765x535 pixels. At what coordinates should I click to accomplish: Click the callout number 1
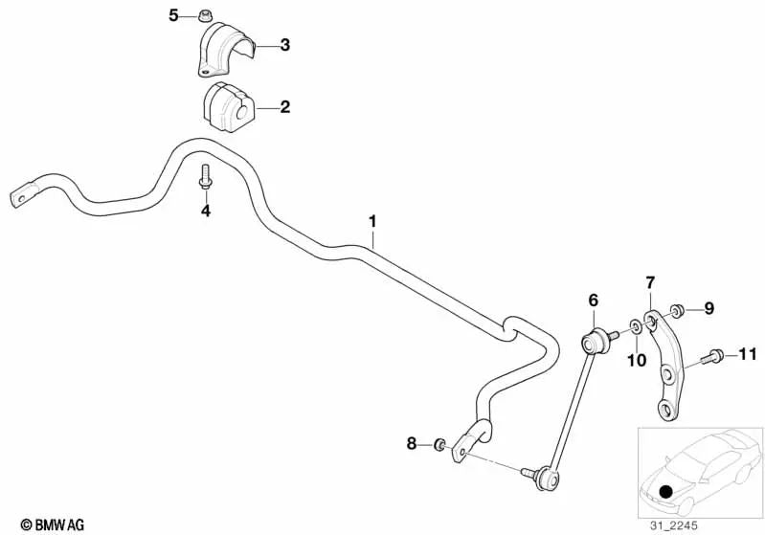372,222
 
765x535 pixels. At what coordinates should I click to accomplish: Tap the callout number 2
285,107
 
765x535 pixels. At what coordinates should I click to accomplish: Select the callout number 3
285,45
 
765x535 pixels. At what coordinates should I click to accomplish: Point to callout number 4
206,212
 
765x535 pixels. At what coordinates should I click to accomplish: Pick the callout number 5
173,15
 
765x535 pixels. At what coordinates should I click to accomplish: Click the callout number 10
636,361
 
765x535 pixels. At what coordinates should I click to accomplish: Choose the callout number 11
748,354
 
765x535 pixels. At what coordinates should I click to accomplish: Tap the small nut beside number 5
203,16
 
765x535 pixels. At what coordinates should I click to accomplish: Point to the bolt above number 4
206,176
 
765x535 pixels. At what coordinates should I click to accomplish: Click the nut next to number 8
439,444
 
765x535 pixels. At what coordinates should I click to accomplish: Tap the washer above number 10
636,325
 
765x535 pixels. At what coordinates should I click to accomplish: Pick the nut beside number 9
676,311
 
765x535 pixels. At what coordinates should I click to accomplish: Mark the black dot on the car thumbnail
665,490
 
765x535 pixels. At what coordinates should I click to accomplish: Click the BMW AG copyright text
53,524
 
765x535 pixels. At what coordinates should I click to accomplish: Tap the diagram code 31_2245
673,525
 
